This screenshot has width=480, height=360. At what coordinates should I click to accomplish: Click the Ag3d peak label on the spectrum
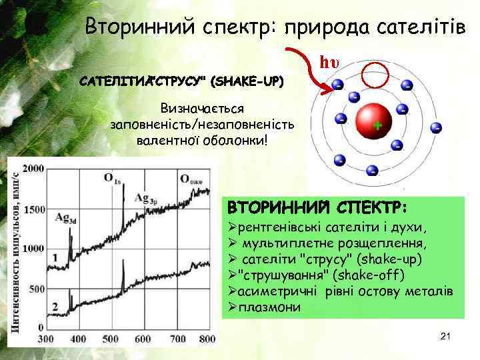click(x=65, y=218)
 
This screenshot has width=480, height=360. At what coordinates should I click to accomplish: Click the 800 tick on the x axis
click(x=207, y=339)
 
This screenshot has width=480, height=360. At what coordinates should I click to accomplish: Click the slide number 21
click(x=446, y=337)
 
